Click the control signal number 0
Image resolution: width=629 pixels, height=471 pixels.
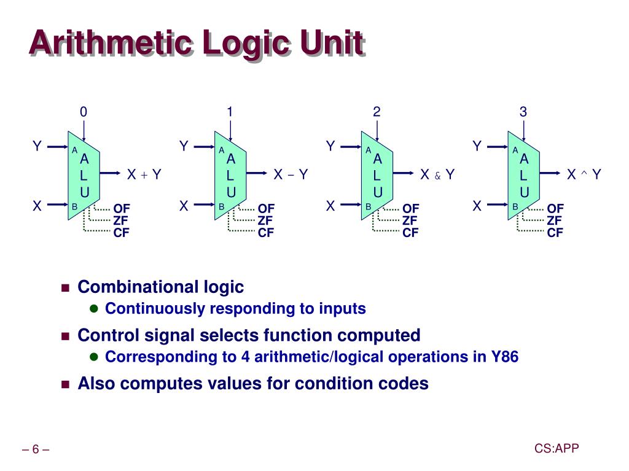coord(84,112)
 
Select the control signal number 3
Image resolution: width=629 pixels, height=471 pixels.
coord(523,112)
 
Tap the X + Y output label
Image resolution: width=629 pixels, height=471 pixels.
coord(144,175)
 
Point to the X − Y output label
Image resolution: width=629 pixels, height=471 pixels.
coord(290,175)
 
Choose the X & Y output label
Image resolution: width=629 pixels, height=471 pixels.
coord(437,175)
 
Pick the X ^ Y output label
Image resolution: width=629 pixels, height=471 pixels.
coord(584,175)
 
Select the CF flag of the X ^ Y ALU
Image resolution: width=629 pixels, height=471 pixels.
coord(555,233)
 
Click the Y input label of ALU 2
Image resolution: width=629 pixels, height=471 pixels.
coord(330,146)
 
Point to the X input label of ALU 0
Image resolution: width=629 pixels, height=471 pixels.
coord(37,206)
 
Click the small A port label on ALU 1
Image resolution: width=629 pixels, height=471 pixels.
coord(221,150)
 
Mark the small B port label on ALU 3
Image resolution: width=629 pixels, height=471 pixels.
coord(515,207)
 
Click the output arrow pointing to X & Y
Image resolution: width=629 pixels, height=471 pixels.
coord(405,174)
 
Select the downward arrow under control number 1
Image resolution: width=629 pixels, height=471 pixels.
coord(230,130)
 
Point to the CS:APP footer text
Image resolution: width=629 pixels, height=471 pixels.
coord(557,449)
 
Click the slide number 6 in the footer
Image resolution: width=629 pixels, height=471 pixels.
coord(36,450)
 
